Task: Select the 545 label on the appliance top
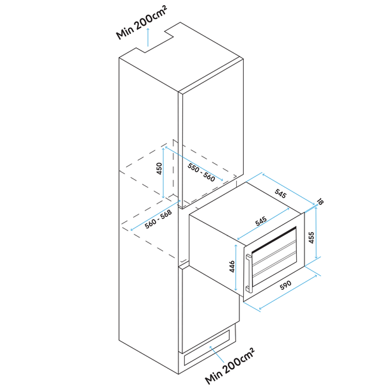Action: coord(260,221)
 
